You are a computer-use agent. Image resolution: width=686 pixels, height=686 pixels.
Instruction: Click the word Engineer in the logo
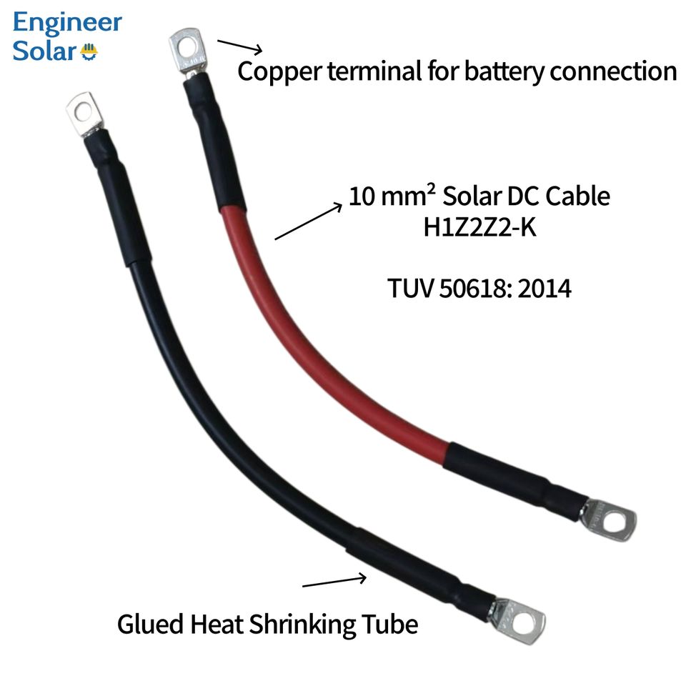[67, 24]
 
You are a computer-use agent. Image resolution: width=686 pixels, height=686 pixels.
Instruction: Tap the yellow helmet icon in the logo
[90, 52]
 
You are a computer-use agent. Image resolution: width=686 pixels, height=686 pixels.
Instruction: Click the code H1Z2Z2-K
[479, 228]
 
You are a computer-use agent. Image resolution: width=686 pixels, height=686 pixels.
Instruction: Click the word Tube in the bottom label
[392, 625]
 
